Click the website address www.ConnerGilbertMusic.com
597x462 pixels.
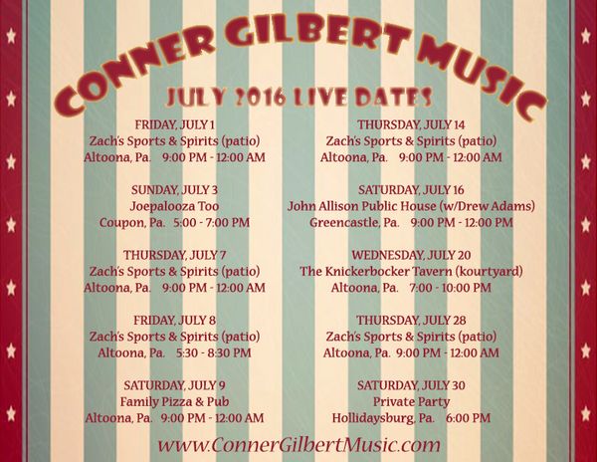[298, 445]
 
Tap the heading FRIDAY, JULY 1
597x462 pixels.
[175, 124]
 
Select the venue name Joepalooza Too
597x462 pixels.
[174, 206]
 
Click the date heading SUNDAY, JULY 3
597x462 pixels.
[175, 189]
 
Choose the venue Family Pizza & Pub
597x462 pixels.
[175, 401]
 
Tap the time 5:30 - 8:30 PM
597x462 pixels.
[214, 352]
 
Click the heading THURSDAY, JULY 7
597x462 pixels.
[175, 255]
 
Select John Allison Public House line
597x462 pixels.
[411, 206]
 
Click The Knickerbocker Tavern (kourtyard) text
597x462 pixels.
[411, 271]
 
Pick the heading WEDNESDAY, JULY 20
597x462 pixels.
[411, 255]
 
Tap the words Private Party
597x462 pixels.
[411, 401]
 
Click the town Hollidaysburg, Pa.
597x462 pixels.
[383, 418]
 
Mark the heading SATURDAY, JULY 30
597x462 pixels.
[411, 385]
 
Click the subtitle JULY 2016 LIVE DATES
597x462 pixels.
[299, 98]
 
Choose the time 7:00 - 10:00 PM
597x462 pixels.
[451, 288]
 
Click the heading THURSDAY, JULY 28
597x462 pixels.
[411, 320]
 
